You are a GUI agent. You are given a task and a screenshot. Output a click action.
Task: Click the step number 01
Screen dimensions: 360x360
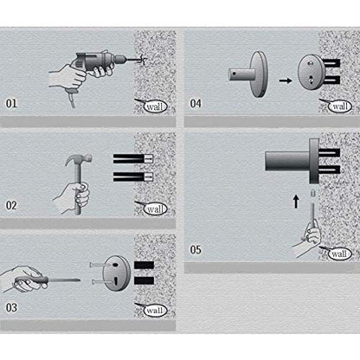11,103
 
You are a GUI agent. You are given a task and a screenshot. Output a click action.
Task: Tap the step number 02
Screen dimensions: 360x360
11,205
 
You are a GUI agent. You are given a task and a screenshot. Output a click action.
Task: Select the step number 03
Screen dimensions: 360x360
11,307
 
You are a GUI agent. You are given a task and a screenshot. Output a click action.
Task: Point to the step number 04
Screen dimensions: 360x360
196,103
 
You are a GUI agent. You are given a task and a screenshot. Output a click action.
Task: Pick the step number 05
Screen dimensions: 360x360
196,249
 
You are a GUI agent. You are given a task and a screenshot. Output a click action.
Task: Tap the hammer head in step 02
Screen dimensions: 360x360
79,158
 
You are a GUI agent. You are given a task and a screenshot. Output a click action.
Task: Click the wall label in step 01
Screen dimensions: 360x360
156,106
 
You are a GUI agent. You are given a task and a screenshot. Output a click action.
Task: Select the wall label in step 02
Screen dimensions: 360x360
156,209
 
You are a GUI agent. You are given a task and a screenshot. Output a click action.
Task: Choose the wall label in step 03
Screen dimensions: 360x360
156,311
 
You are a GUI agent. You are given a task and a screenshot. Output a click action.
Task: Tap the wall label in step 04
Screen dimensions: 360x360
340,106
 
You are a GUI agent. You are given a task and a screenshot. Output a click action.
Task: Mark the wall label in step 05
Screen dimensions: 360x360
340,254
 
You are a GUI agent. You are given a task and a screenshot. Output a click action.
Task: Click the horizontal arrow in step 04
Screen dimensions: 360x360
286,80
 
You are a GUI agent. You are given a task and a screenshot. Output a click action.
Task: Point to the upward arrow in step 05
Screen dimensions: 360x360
296,202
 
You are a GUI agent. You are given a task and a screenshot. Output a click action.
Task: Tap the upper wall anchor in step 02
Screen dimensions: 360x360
132,158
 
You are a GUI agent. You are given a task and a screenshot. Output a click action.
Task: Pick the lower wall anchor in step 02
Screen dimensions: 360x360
132,177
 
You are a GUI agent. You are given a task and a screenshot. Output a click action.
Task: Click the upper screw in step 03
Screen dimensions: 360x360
97,265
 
